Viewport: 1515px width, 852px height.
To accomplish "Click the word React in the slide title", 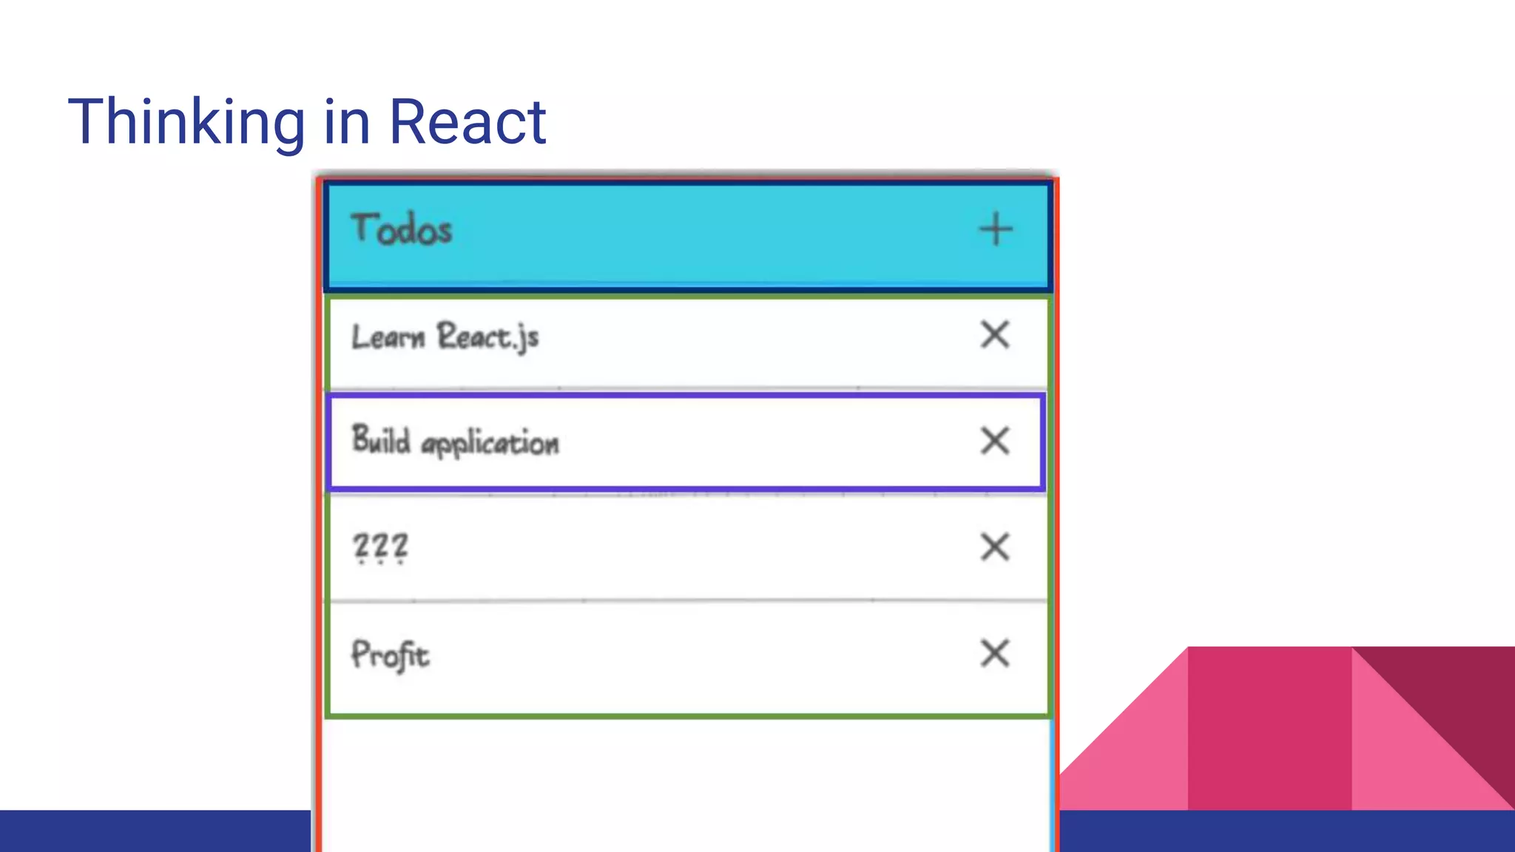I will pyautogui.click(x=468, y=122).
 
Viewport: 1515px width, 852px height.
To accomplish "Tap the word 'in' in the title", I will pyautogui.click(x=346, y=122).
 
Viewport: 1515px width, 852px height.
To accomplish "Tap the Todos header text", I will pyautogui.click(x=401, y=229).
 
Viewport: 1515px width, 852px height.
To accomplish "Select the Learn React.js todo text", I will pyautogui.click(x=445, y=337).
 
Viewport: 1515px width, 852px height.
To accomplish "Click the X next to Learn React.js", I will pyautogui.click(x=995, y=335).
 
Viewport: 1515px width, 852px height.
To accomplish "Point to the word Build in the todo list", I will pyautogui.click(x=381, y=440).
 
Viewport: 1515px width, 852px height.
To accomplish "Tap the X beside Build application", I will pyautogui.click(x=995, y=442).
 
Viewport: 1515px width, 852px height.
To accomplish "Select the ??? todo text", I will pyautogui.click(x=380, y=547).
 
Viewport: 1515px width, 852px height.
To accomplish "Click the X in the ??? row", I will pyautogui.click(x=995, y=547).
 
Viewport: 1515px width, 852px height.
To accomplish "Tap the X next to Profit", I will pyautogui.click(x=995, y=654).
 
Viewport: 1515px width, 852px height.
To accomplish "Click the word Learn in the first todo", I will pyautogui.click(x=388, y=337).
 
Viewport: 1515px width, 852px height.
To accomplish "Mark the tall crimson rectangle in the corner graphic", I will pyautogui.click(x=1269, y=728).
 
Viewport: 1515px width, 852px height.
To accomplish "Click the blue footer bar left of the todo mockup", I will pyautogui.click(x=155, y=831).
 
